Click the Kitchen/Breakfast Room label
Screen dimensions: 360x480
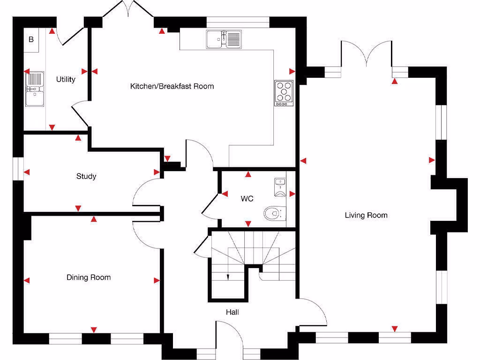point(172,86)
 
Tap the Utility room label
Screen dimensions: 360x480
point(66,79)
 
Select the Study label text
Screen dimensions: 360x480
point(86,176)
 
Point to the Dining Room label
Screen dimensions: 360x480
point(89,277)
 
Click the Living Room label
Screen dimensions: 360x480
point(366,215)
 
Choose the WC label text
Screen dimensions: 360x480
point(247,199)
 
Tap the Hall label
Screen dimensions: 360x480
point(232,312)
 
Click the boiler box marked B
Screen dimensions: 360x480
point(31,39)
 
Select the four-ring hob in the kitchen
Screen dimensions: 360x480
point(284,92)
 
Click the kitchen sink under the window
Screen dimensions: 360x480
point(224,39)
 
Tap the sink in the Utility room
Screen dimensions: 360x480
point(35,89)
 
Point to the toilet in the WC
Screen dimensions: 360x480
point(272,214)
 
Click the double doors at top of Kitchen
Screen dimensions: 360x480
point(128,10)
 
